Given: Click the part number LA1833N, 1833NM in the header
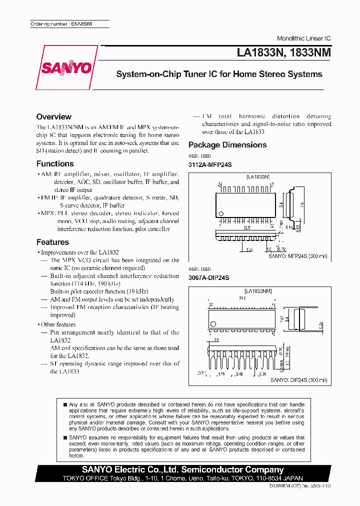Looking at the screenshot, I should [x=281, y=52].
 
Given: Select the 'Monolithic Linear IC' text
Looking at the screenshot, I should [x=303, y=38].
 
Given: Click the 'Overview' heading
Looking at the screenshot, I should [x=54, y=116].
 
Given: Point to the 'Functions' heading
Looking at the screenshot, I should [x=55, y=163].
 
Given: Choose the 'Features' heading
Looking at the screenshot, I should [x=52, y=242].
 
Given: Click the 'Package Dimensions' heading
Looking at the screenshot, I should [x=227, y=145].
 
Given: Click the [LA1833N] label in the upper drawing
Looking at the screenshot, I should [x=258, y=177].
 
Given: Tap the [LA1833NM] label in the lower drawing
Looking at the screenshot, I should [x=258, y=290].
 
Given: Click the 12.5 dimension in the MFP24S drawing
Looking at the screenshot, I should [x=246, y=227].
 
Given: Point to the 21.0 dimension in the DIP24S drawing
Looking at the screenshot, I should [x=242, y=298].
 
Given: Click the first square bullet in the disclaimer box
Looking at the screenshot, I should [x=65, y=404].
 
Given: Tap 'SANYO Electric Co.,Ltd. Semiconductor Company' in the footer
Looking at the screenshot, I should [x=182, y=469].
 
